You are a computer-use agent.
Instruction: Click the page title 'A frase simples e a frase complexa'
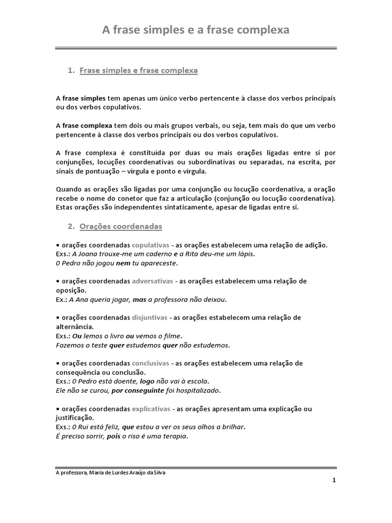(196, 30)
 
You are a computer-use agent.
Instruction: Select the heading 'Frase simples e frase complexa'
(138, 71)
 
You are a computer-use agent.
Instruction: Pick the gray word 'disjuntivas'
(150, 317)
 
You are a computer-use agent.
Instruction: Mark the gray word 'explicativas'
(152, 409)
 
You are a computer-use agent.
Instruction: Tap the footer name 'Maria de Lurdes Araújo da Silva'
(128, 472)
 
